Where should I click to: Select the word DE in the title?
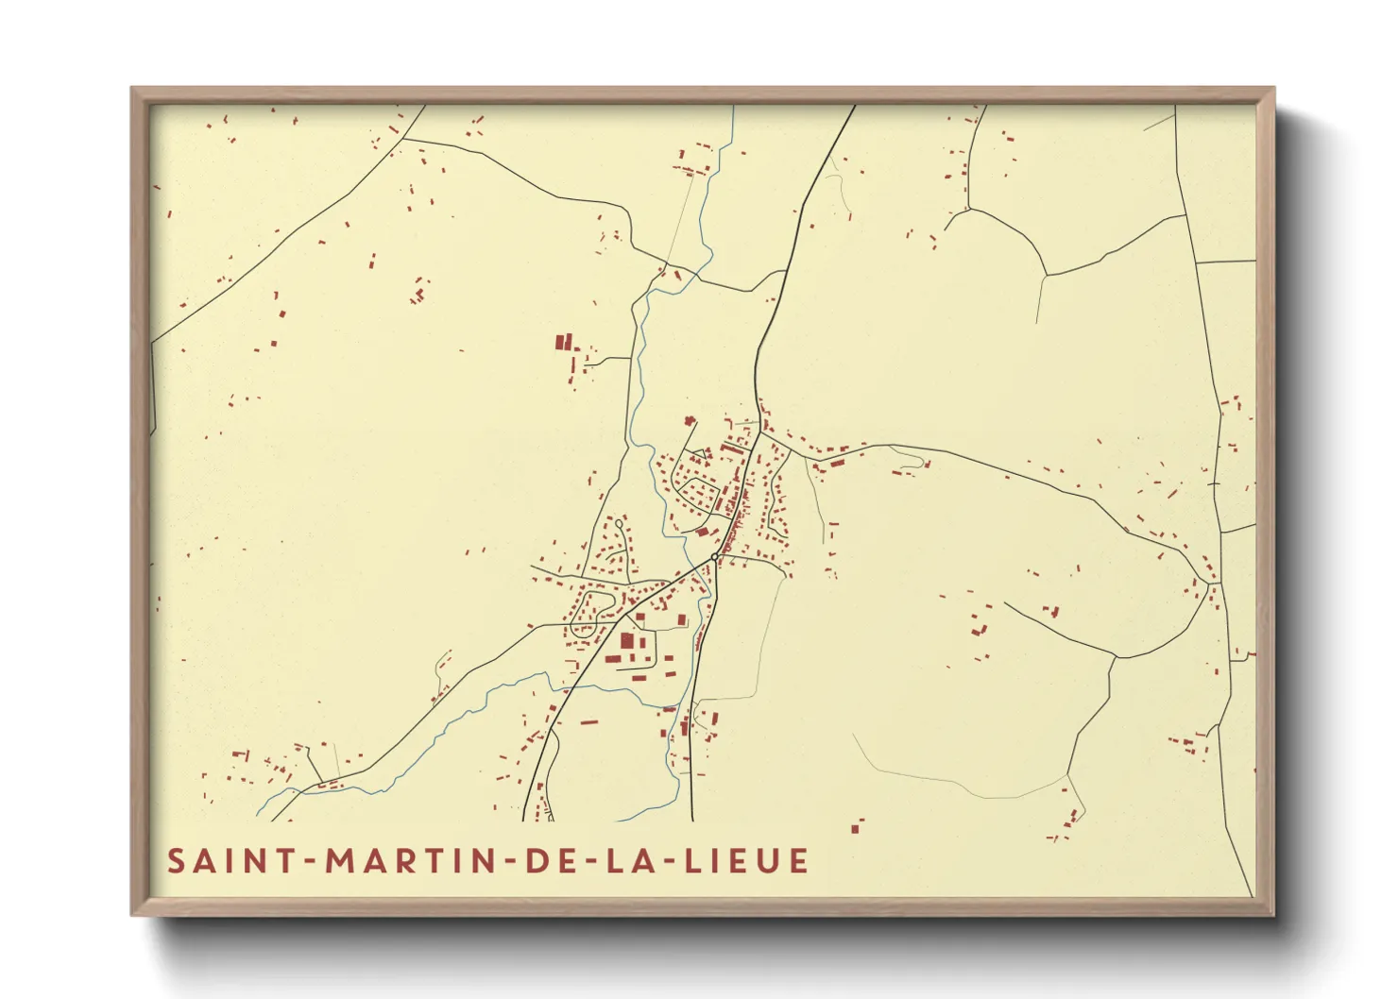coord(549,861)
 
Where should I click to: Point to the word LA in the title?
coord(625,861)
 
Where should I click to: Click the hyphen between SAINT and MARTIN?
coord(310,862)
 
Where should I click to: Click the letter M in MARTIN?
coord(339,861)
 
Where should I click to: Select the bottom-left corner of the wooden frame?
coord(133,914)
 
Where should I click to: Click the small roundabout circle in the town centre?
coord(714,557)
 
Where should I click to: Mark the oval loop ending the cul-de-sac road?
coord(619,522)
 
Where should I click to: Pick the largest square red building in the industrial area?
coord(626,641)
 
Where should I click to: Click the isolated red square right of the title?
coord(855,829)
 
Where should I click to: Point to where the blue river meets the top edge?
coord(732,107)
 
